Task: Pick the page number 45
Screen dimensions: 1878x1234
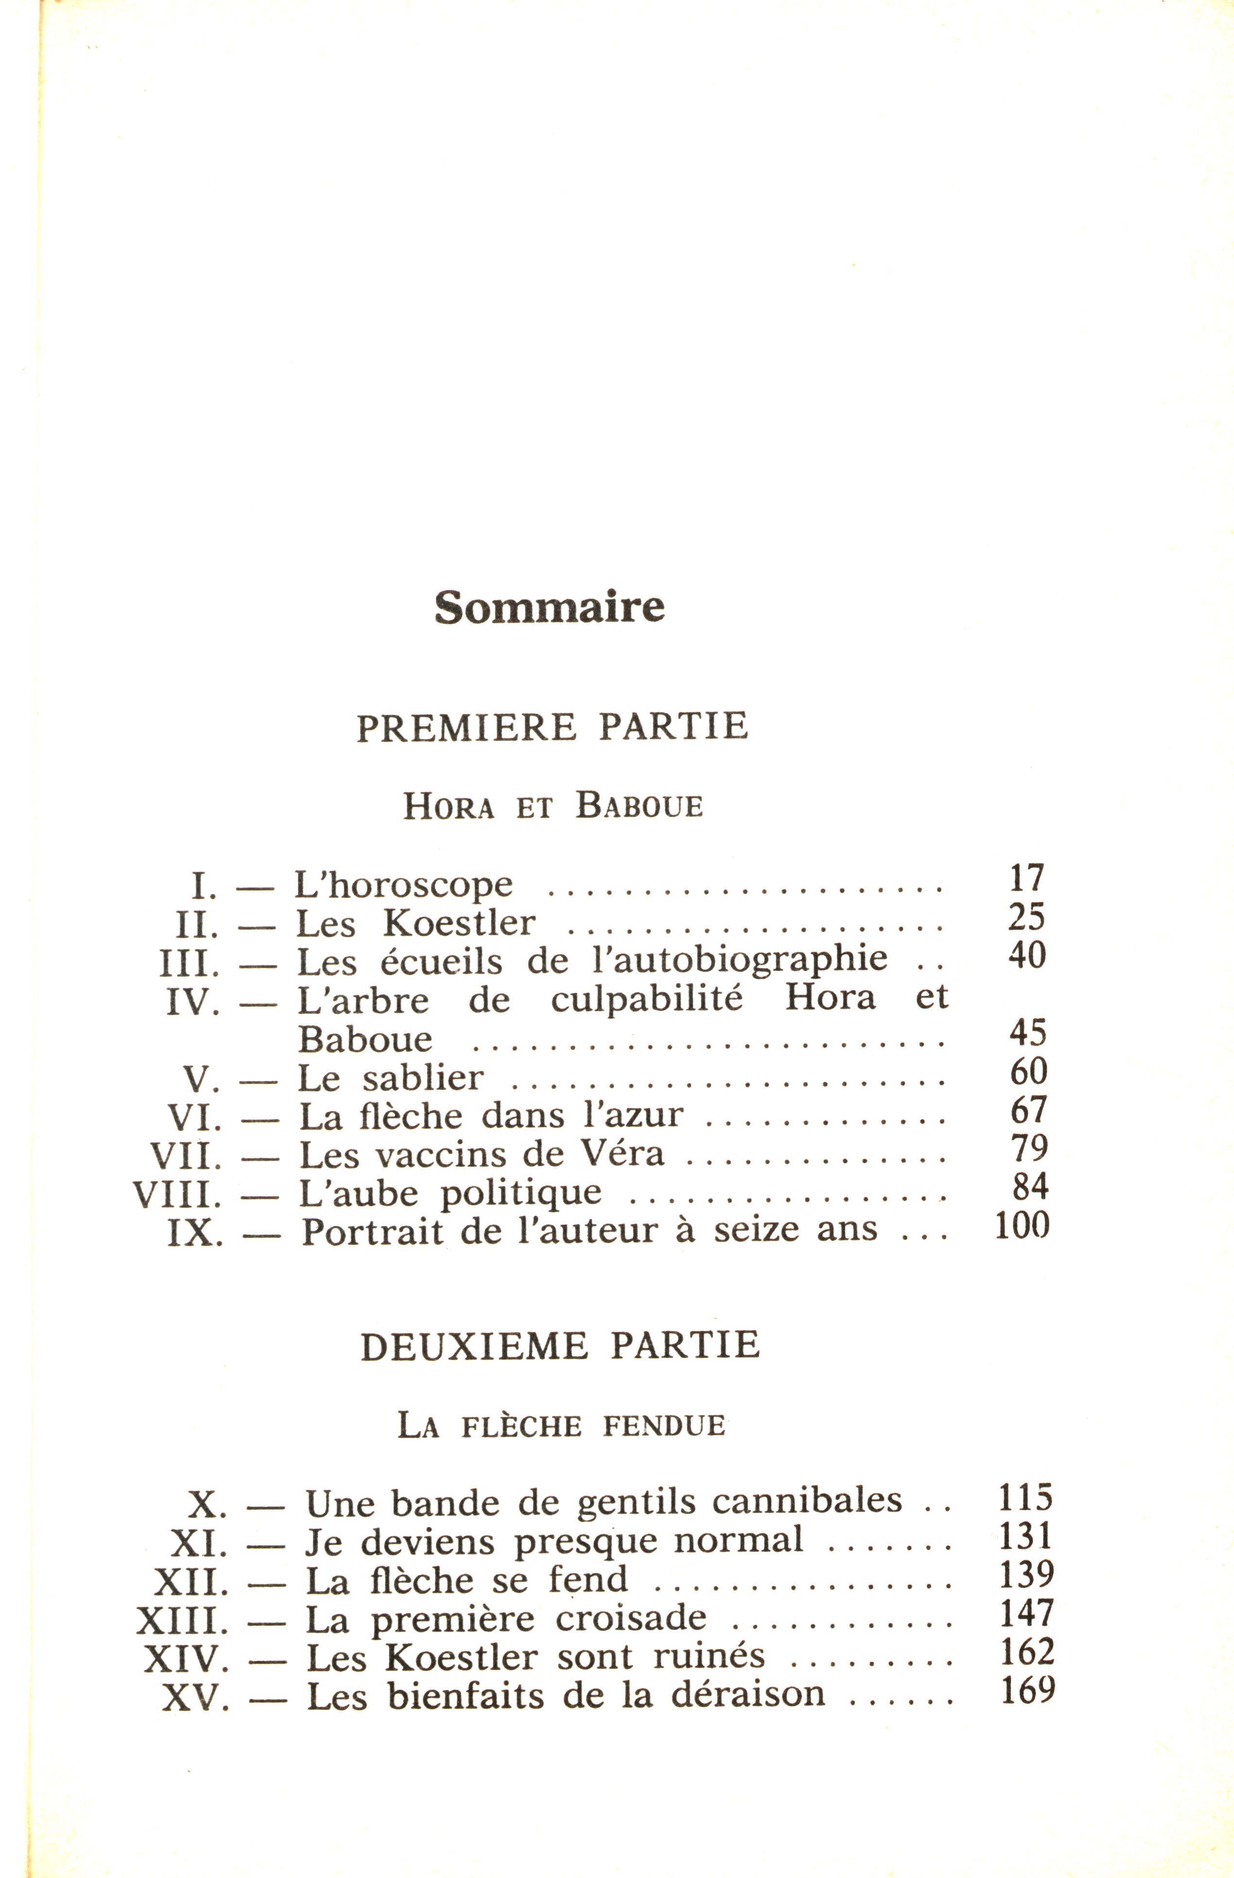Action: pos(1028,1033)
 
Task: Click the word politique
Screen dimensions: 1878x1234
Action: pos(521,1194)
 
